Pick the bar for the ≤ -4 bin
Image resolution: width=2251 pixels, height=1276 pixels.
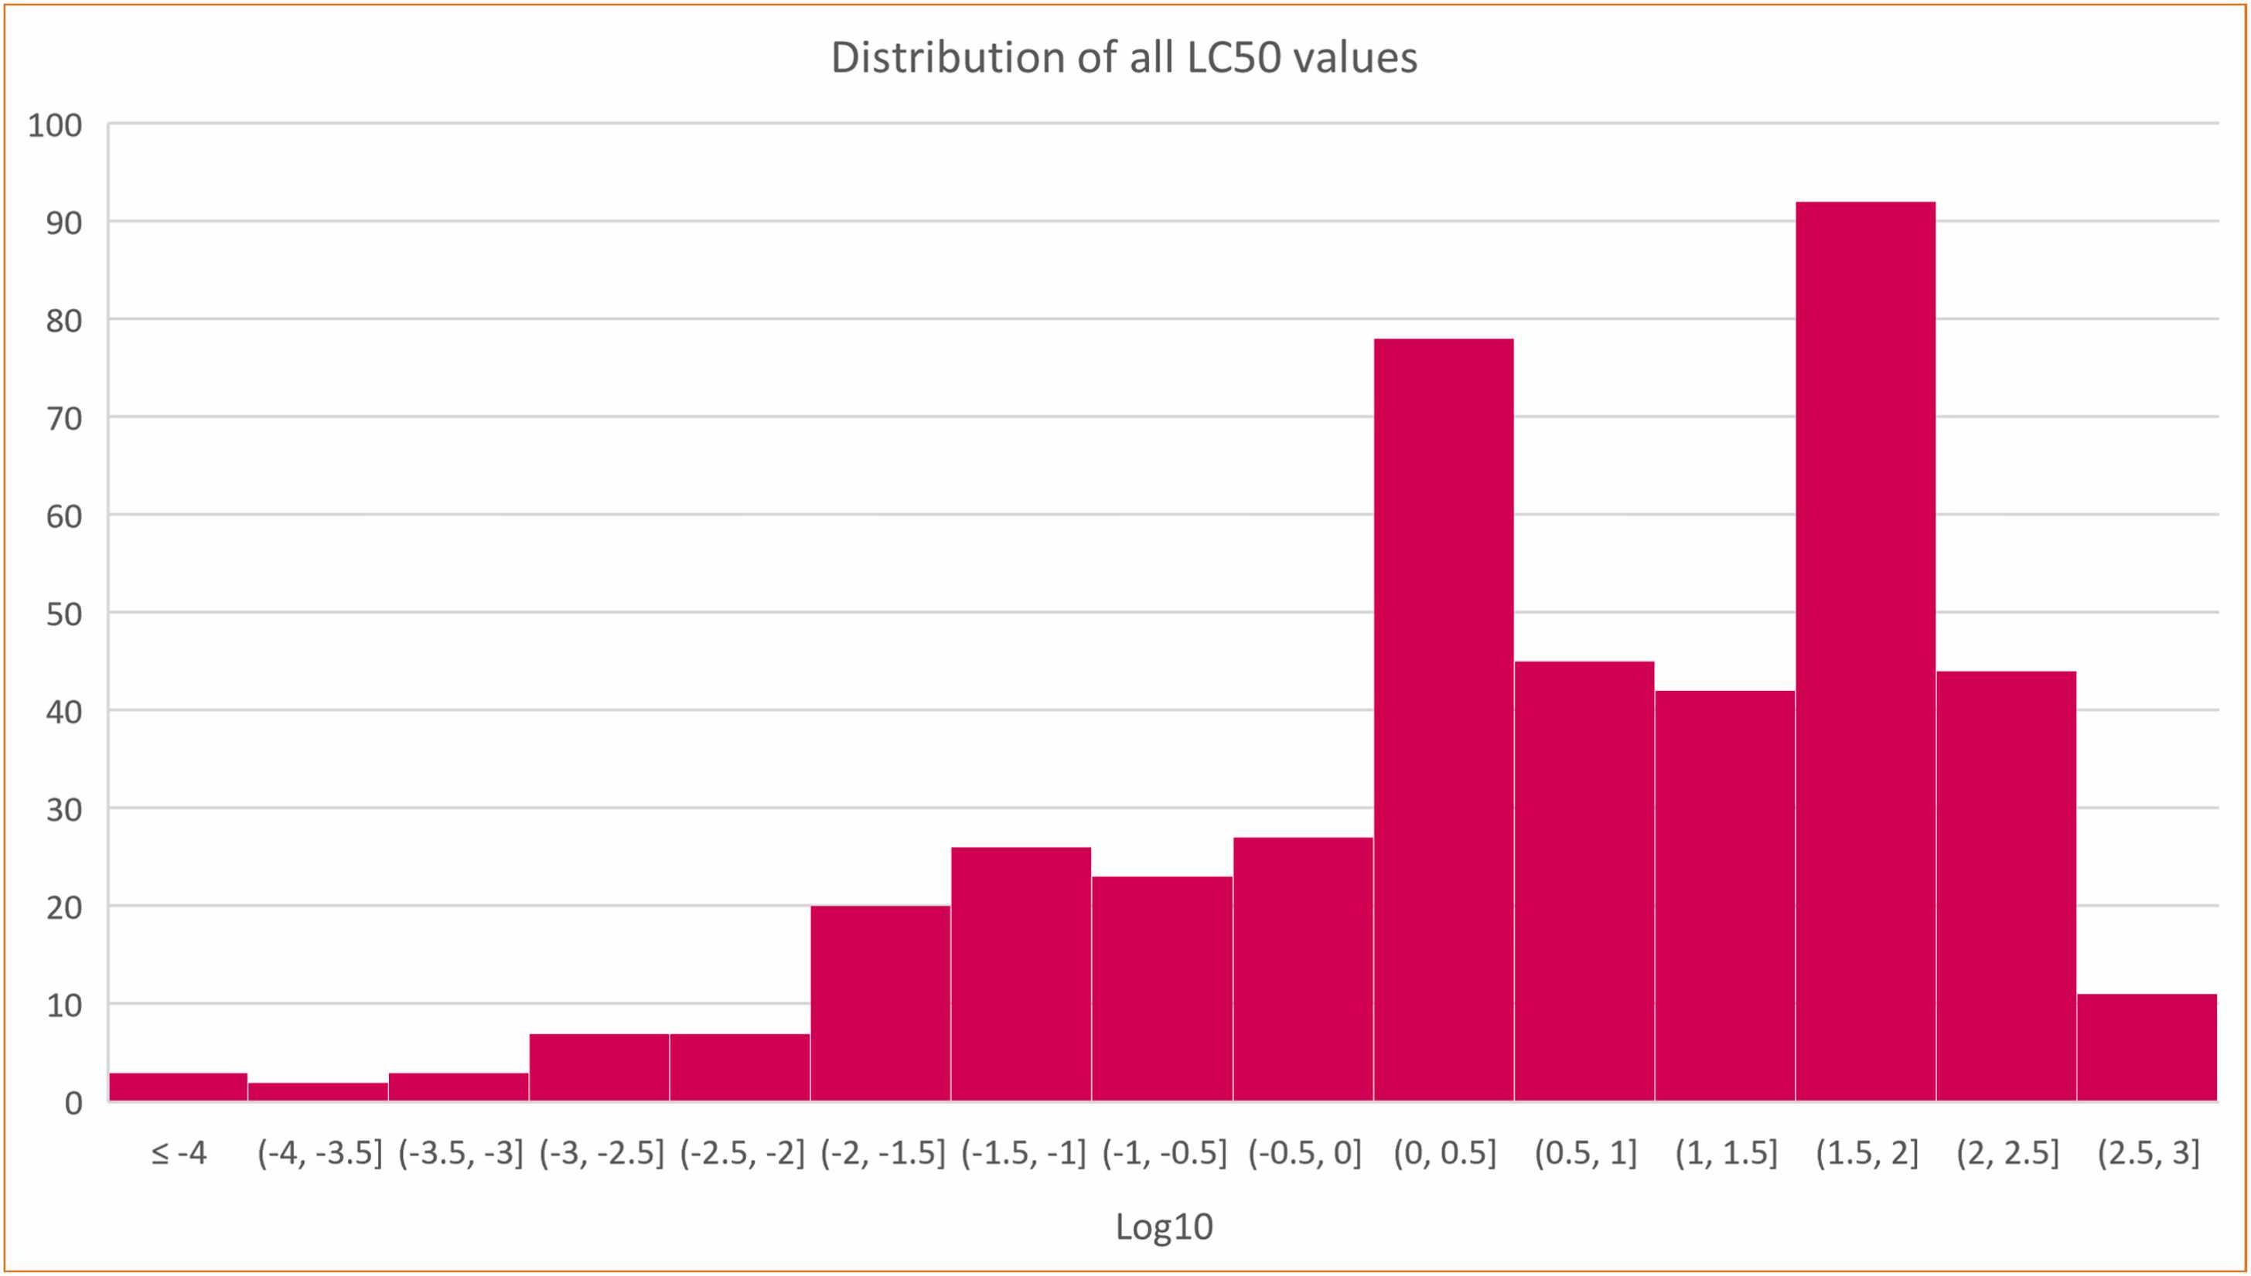tap(178, 1087)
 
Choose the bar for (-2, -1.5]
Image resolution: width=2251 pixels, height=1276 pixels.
tap(880, 1002)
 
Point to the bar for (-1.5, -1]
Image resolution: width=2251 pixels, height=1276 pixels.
tap(1021, 974)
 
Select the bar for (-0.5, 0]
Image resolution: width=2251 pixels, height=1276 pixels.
tap(1302, 968)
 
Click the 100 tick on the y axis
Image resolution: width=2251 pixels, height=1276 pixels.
tap(55, 125)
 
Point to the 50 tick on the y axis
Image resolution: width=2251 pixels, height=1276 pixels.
tap(65, 614)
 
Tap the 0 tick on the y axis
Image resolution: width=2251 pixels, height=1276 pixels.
tap(73, 1102)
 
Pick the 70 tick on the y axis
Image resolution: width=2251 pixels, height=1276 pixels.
tap(65, 418)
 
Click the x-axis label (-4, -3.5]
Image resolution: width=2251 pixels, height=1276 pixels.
tap(320, 1154)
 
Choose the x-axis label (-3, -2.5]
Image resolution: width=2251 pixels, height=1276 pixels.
tap(602, 1154)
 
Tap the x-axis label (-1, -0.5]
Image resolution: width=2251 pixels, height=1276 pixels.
tap(1164, 1154)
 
